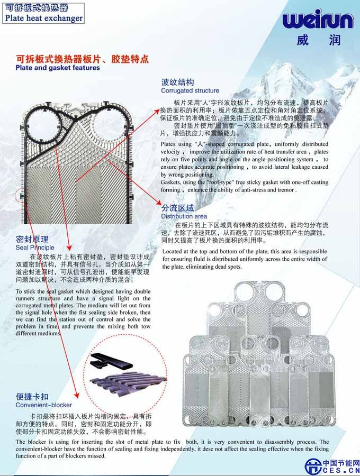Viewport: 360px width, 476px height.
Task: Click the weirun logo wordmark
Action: point(318,20)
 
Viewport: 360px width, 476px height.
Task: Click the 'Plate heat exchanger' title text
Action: point(44,18)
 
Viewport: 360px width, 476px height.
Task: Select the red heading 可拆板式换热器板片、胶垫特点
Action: point(83,59)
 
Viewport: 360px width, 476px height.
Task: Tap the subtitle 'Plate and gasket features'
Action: point(58,68)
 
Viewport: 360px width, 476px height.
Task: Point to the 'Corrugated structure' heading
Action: point(190,90)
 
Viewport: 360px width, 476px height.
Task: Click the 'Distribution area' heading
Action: point(184,216)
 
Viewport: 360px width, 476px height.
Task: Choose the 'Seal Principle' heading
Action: point(35,248)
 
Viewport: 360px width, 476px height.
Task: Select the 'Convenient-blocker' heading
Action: point(44,405)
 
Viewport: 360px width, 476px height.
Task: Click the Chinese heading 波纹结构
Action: point(177,83)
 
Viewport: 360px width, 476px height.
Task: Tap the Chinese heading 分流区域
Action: point(177,208)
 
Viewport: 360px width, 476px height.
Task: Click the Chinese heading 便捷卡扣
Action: point(32,397)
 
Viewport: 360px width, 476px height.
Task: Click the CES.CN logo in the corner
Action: point(332,466)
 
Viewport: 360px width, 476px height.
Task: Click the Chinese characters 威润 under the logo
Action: point(318,40)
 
